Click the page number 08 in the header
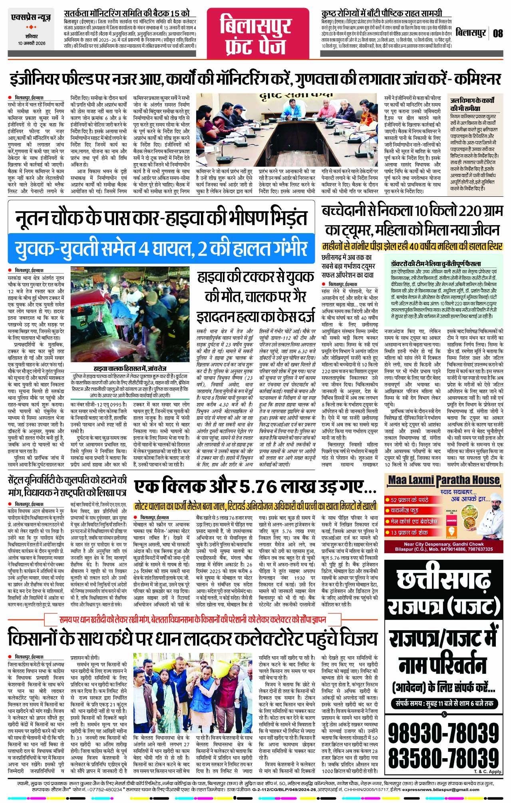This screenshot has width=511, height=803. click(497, 33)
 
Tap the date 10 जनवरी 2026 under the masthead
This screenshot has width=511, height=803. click(32, 43)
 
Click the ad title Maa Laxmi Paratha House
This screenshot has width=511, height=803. click(443, 479)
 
